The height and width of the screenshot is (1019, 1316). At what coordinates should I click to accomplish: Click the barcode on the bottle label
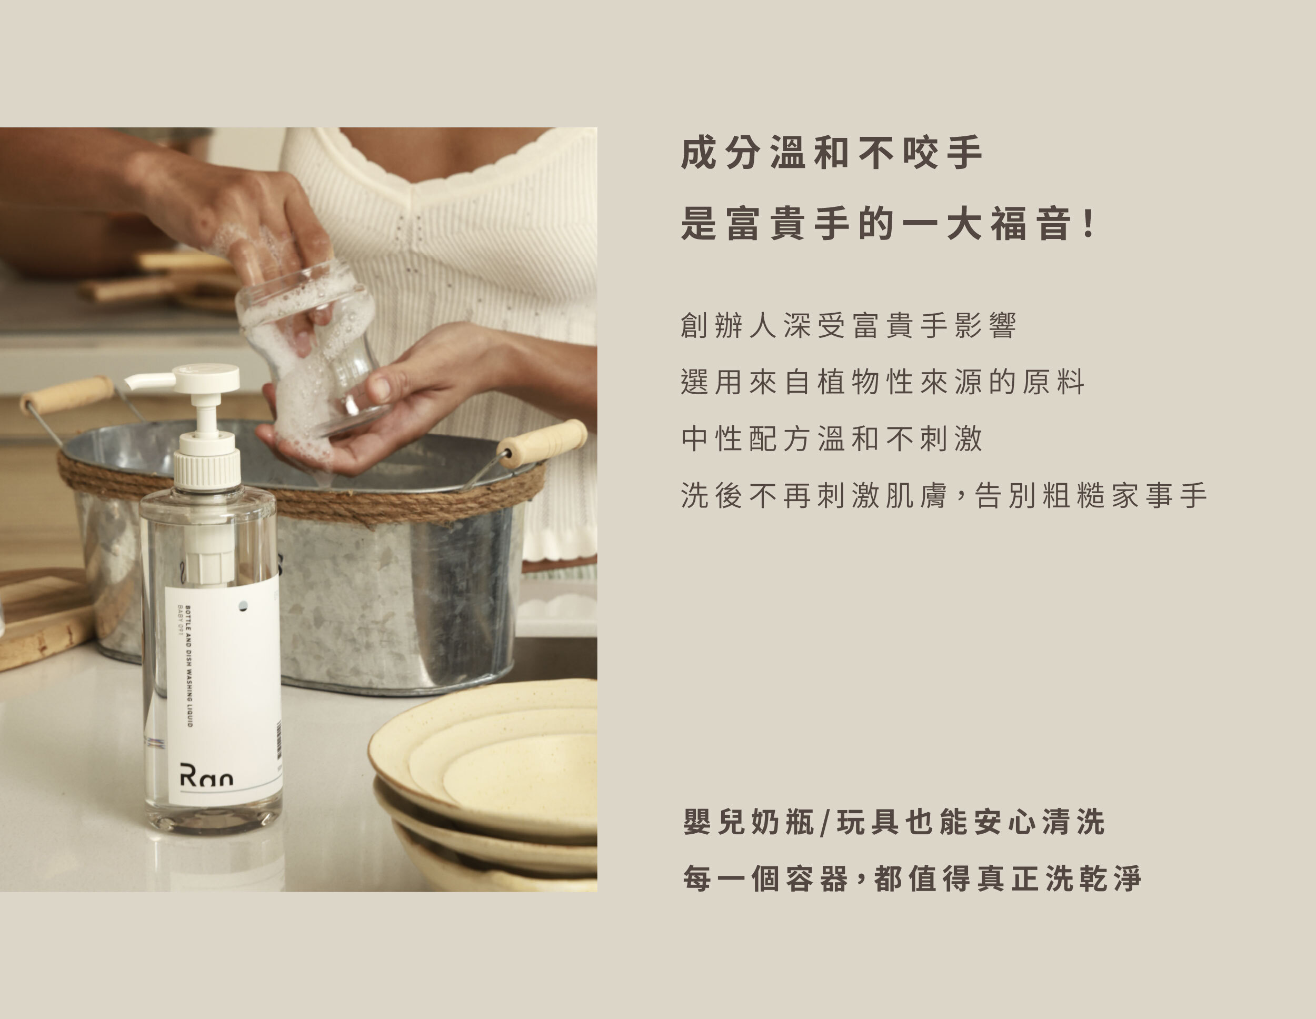[x=279, y=740]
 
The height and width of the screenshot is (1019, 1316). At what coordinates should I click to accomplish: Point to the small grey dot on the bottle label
[x=243, y=606]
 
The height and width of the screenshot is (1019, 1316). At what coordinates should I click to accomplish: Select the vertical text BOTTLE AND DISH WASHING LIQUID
[x=188, y=665]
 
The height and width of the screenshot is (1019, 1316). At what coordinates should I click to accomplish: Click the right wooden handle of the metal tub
[x=541, y=443]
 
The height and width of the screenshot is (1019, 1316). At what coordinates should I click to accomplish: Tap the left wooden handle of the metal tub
[x=67, y=395]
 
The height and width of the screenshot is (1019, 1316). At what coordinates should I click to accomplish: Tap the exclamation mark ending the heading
[x=1089, y=224]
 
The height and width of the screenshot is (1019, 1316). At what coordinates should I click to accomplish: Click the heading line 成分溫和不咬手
[x=832, y=153]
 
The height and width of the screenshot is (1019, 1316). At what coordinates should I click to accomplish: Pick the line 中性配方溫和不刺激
[x=832, y=438]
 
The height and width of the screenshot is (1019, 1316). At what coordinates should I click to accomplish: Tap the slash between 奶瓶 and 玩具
[x=825, y=823]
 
